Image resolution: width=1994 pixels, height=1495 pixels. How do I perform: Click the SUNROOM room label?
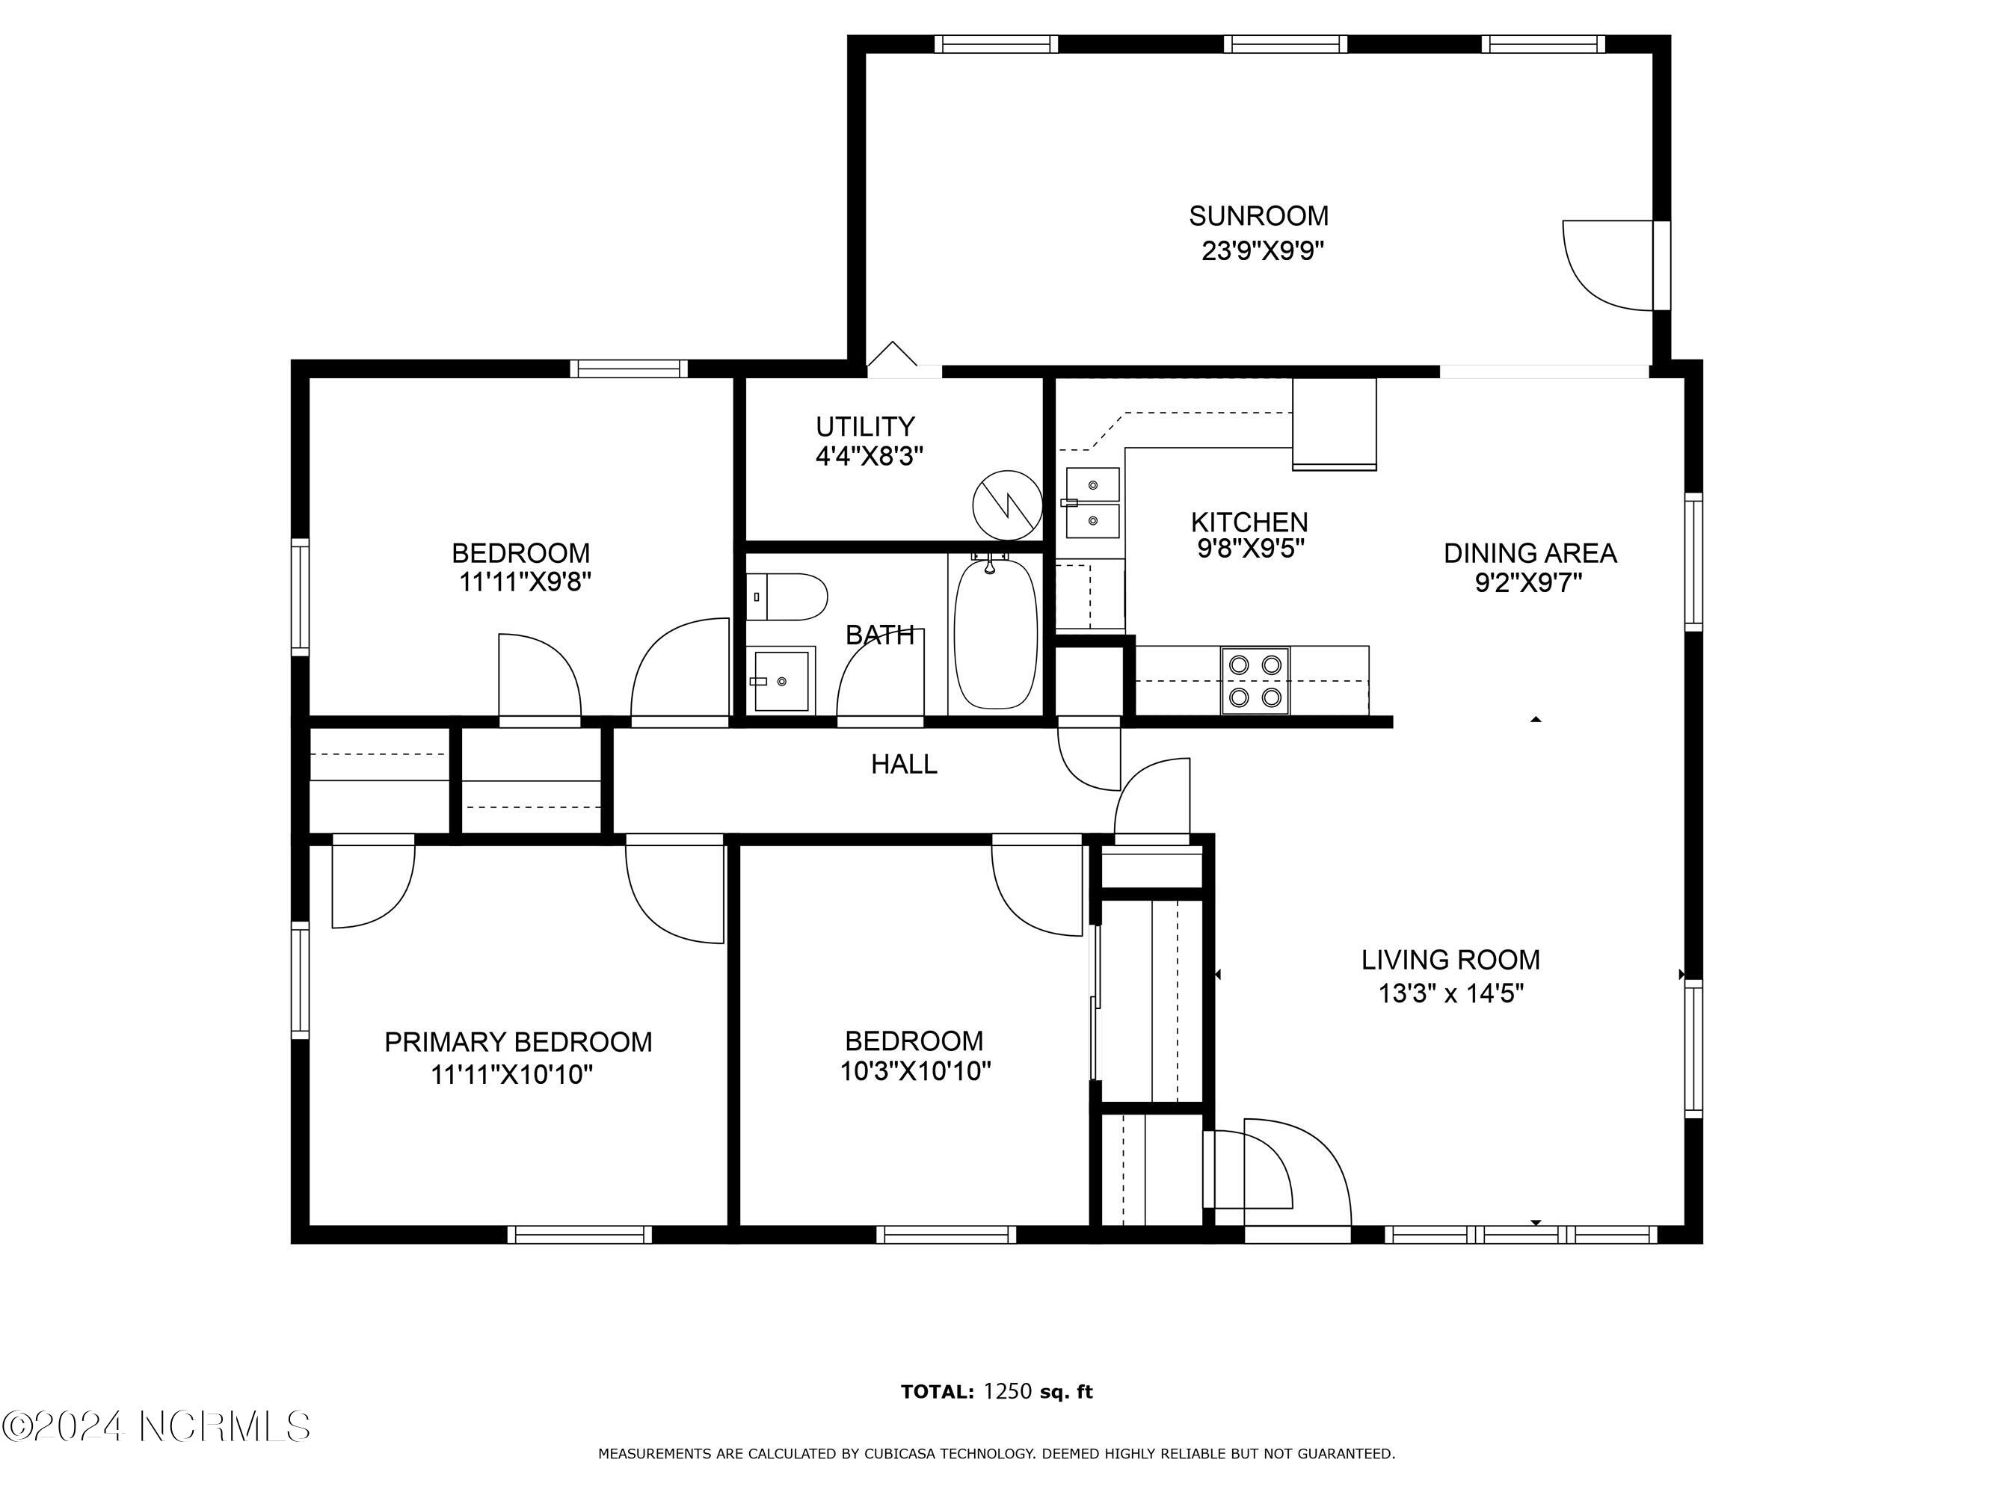(1258, 216)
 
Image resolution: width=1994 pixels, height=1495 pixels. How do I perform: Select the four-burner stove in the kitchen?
(1256, 680)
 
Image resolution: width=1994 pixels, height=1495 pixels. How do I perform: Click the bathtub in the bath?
(995, 633)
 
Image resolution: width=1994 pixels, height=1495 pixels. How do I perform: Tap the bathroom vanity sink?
(781, 681)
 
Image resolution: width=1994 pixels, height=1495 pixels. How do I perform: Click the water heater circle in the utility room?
(1008, 505)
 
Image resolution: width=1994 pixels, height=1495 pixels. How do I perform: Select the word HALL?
(904, 764)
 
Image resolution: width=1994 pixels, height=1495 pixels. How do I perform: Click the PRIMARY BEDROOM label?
(518, 1042)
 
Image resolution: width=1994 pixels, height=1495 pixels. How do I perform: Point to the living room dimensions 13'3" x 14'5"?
(1450, 994)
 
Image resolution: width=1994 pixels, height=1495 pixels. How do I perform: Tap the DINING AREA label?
(1530, 553)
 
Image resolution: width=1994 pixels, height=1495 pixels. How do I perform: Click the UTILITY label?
(865, 426)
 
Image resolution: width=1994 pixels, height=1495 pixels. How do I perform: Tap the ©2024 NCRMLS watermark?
(156, 1426)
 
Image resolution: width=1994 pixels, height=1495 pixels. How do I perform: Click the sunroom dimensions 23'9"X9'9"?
(1262, 250)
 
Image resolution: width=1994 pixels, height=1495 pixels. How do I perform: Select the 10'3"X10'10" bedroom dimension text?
(915, 1071)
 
